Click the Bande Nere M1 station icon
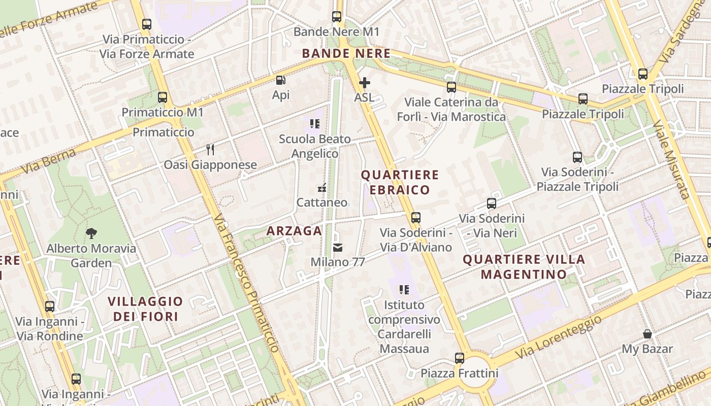tap(337, 17)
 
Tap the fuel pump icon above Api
tap(280, 80)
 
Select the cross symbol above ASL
tap(364, 82)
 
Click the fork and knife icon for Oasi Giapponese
tap(210, 150)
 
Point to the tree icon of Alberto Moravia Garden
tap(91, 233)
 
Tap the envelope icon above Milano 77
tap(338, 248)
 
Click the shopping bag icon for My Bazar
tap(648, 334)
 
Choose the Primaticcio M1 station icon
tap(163, 97)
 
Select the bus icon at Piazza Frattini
tap(460, 358)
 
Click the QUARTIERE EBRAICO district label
tap(400, 182)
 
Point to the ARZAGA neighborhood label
tap(294, 231)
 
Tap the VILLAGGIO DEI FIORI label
tap(145, 309)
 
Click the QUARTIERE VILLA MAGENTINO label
tap(524, 267)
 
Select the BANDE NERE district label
tap(346, 53)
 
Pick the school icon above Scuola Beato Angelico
tap(315, 123)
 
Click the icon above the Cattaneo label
tap(321, 188)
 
